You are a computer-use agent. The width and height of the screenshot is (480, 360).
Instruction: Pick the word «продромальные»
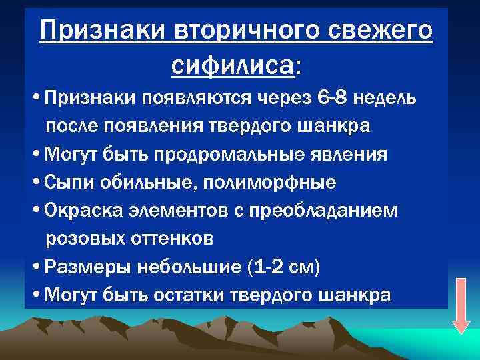(x=233, y=155)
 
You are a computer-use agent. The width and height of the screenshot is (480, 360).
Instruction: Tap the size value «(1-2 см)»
(x=284, y=267)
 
